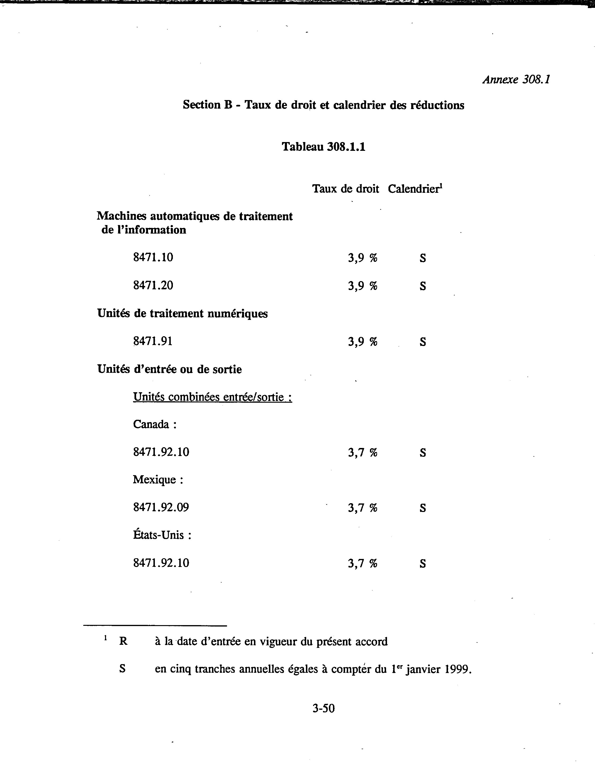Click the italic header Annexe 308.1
[516, 80]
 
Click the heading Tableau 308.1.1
[323, 147]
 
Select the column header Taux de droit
[346, 189]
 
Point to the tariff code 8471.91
[153, 341]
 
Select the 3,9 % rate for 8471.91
[362, 342]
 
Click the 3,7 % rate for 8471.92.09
[362, 508]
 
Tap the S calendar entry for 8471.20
[423, 286]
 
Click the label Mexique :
[158, 480]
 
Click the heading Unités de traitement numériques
[182, 314]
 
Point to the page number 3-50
[323, 708]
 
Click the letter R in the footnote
[123, 641]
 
